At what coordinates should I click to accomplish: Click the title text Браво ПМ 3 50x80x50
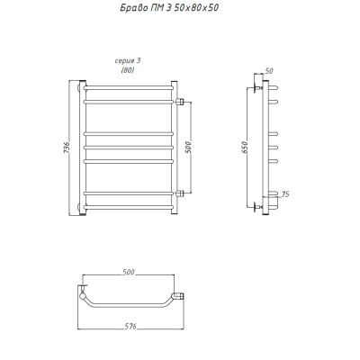coord(169,8)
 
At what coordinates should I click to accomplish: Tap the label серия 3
coord(128,61)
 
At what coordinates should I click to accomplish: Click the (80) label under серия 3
coord(128,70)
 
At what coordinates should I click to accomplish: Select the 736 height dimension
coord(67,148)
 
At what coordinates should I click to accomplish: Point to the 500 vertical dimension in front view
coord(188,147)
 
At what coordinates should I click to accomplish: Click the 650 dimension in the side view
coord(245,148)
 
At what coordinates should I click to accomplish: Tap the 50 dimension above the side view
coord(269,71)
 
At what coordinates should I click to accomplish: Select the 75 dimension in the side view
coord(285,194)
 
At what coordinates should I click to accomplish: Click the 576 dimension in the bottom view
coord(130,326)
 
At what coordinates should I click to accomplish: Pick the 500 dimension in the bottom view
coord(129,272)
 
